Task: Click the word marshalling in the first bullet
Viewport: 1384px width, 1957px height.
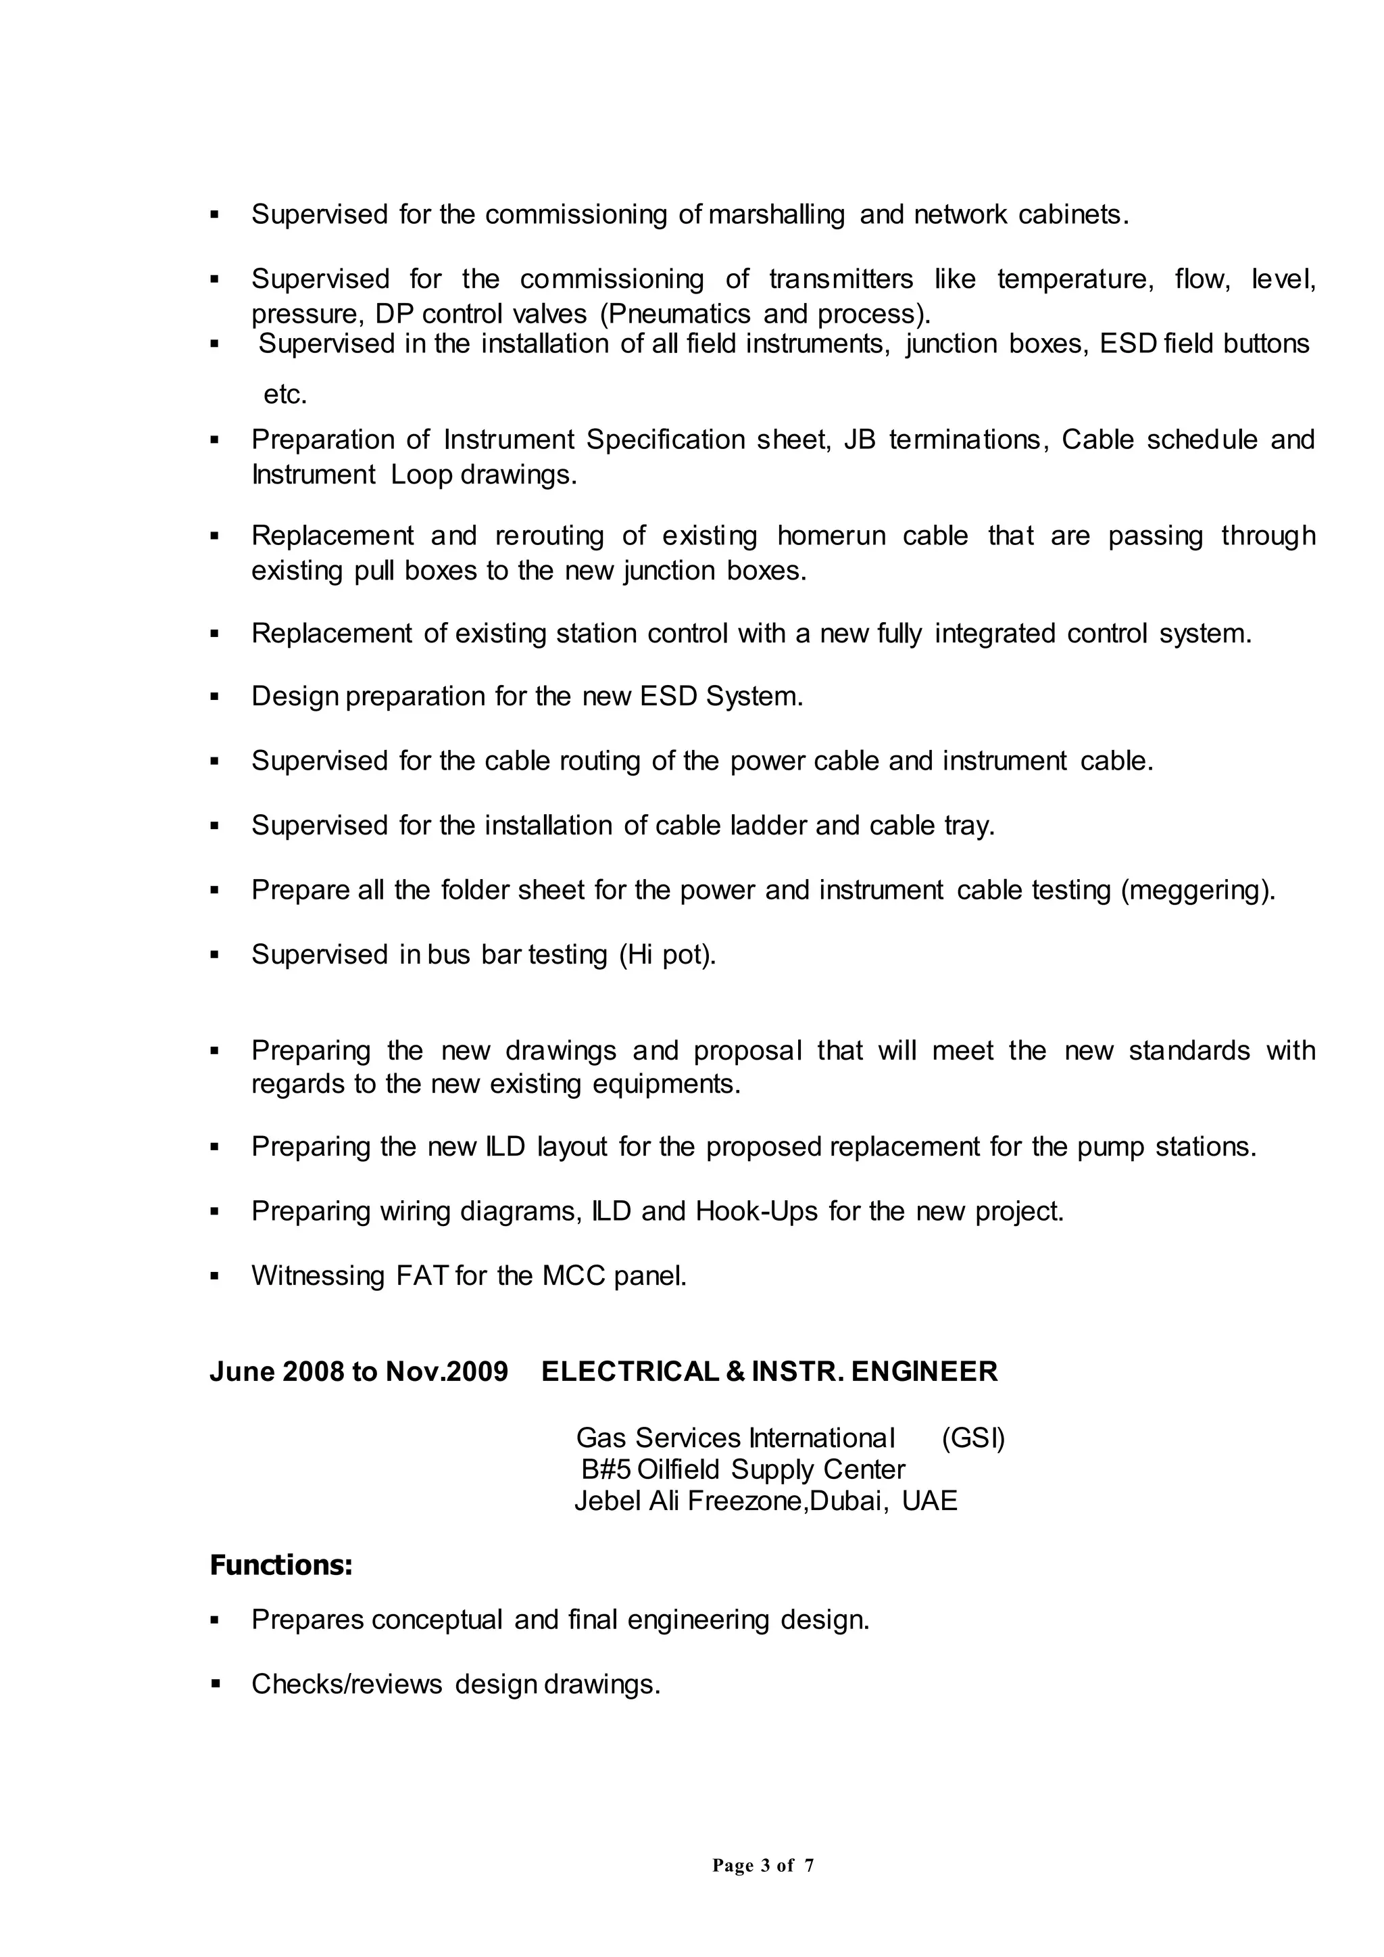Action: tap(776, 215)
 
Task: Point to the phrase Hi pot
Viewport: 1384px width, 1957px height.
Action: tap(667, 954)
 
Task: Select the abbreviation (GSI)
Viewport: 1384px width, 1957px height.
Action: tap(973, 1438)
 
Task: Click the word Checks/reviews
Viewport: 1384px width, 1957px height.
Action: tap(347, 1684)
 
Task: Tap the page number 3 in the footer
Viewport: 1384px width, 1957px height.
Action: tap(764, 1866)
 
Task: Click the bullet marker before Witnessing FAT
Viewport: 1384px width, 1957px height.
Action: tap(215, 1277)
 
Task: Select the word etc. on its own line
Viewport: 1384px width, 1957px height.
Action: tap(285, 395)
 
